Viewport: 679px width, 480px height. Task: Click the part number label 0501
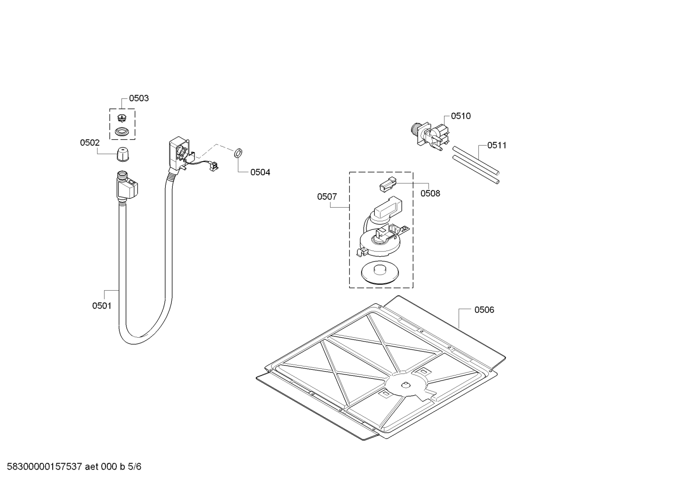point(102,306)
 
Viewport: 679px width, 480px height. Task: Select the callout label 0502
point(89,142)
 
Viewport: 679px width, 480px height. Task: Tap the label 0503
point(139,98)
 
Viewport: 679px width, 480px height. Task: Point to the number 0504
point(260,172)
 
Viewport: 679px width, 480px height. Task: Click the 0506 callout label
point(484,309)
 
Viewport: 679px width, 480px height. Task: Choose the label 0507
point(327,196)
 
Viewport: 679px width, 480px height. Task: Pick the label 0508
point(430,193)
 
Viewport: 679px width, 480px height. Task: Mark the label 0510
point(461,116)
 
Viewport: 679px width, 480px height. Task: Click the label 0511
point(497,145)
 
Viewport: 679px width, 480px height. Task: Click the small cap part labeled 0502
point(122,153)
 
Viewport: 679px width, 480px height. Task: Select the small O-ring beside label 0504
point(238,153)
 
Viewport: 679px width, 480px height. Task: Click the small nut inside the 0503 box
point(122,117)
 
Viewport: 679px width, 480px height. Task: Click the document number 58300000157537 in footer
point(45,467)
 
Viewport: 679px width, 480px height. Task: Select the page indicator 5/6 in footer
point(134,467)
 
